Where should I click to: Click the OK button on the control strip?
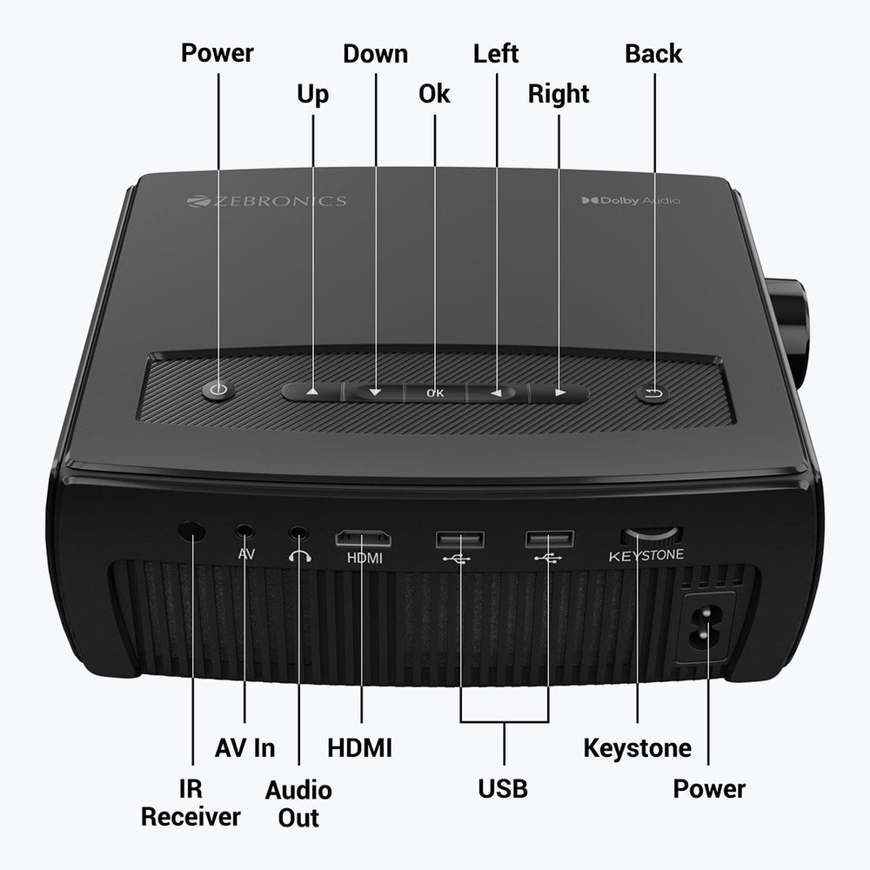tap(435, 392)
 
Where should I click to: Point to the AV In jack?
tap(246, 530)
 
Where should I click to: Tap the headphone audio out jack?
tap(299, 532)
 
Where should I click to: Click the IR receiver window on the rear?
tap(191, 531)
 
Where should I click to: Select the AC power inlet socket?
tap(707, 628)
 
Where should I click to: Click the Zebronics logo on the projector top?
tap(266, 201)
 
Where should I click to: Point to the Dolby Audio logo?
tap(631, 201)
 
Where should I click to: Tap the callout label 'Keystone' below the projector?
tap(637, 747)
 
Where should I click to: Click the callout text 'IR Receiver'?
tap(191, 803)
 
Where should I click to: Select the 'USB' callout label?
tap(503, 789)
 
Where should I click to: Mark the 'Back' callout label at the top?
tap(653, 53)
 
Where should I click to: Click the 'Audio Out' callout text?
tap(298, 803)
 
